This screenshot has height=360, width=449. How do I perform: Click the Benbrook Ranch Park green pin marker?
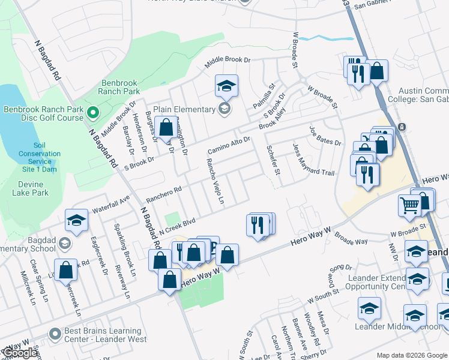[x=92, y=113]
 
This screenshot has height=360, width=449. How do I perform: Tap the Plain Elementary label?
[x=184, y=109]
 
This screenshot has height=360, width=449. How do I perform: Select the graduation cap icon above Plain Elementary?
[x=226, y=86]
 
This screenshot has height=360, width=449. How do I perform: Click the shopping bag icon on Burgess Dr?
[x=166, y=128]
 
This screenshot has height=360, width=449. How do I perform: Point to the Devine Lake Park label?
[x=31, y=188]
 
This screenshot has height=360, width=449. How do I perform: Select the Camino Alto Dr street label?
[x=229, y=144]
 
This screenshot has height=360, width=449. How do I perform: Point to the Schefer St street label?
[x=273, y=160]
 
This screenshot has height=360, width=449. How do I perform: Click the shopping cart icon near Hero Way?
[x=409, y=206]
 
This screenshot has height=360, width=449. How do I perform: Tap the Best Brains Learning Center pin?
[x=55, y=333]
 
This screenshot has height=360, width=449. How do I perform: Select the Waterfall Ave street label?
[x=111, y=205]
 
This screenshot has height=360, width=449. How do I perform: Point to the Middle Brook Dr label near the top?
[x=228, y=60]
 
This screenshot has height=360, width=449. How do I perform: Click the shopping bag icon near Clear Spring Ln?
[x=66, y=270]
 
